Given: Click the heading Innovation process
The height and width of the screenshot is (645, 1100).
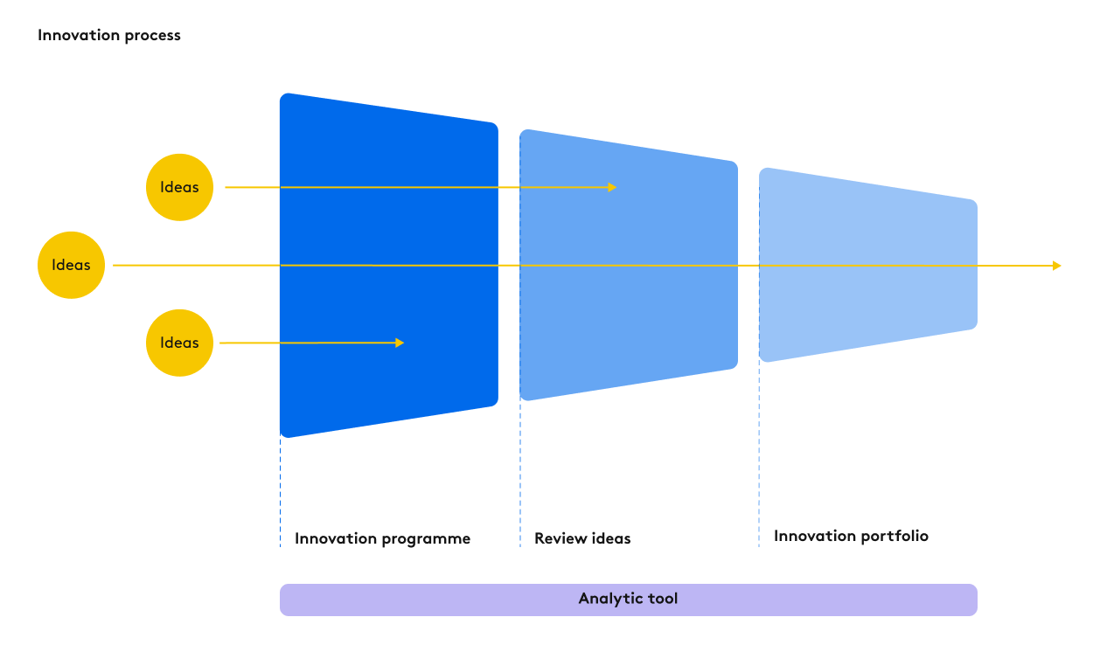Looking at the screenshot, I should (109, 36).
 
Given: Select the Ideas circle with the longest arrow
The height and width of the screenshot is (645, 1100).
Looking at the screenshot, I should (71, 265).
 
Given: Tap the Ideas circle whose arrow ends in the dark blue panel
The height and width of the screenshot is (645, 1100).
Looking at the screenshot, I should (179, 343).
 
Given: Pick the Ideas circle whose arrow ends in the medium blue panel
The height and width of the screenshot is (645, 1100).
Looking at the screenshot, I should (179, 187).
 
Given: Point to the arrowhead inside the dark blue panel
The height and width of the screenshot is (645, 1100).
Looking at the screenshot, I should (400, 343).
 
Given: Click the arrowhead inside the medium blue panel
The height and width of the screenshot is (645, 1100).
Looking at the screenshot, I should (612, 187).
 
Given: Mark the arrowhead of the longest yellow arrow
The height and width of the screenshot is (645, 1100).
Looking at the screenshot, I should (1056, 266).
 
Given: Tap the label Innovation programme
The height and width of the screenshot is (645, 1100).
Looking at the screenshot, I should (382, 538).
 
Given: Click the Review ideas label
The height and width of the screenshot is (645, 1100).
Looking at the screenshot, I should (582, 538).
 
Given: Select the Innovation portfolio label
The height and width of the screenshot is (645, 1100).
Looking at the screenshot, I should (851, 536).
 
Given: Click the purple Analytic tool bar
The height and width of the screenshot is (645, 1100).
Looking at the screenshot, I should (628, 600).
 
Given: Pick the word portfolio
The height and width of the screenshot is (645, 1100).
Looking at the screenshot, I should (893, 536).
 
